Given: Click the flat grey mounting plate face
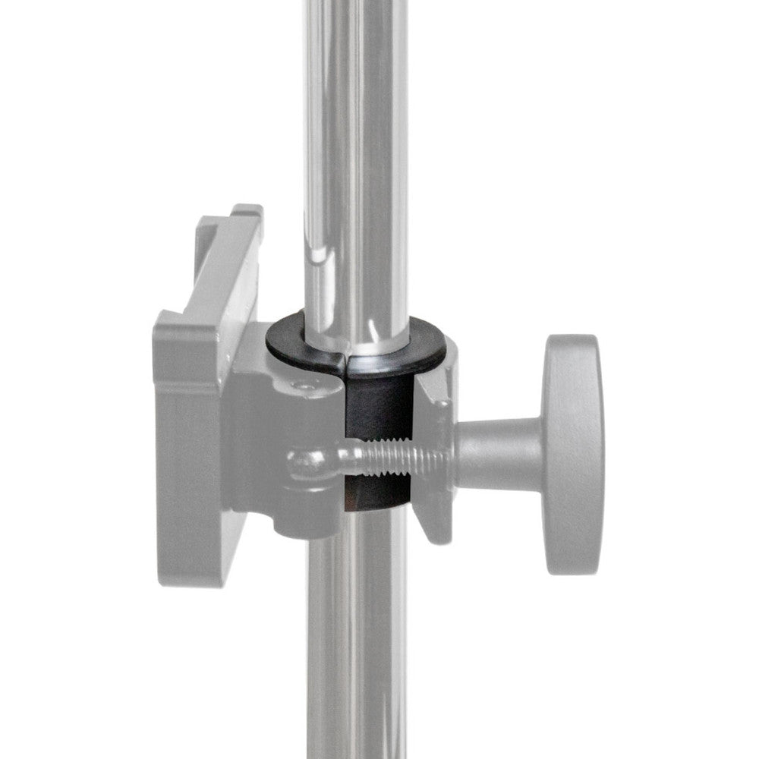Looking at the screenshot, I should click(190, 455).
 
